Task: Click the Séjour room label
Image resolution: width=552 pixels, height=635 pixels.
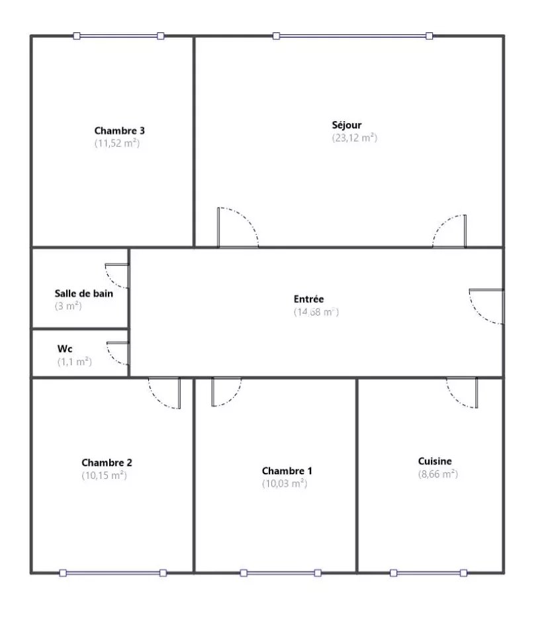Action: (x=347, y=125)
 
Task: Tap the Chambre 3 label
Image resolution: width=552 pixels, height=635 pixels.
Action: (x=120, y=131)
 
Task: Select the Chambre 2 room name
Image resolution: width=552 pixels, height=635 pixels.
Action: (x=107, y=462)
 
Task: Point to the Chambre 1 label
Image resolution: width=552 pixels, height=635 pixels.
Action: (x=287, y=471)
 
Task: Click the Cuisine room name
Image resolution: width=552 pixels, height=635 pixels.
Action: (x=435, y=461)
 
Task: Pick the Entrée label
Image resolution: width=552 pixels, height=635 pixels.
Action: (x=309, y=299)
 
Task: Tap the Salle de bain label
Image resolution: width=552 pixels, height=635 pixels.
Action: (x=84, y=294)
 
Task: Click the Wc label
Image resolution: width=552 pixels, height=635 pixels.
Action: (x=65, y=349)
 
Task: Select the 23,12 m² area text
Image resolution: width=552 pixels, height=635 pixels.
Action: (x=355, y=138)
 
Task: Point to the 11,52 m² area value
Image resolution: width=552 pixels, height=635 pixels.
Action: (x=117, y=143)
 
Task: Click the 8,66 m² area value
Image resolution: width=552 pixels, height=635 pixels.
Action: (x=438, y=474)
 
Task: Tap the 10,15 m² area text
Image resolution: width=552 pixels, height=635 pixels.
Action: (x=105, y=475)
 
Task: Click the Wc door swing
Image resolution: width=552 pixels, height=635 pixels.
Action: (x=118, y=353)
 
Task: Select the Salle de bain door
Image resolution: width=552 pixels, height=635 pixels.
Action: (x=117, y=276)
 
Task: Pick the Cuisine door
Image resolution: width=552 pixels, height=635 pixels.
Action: (x=462, y=393)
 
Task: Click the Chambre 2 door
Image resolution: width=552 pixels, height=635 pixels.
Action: (x=165, y=393)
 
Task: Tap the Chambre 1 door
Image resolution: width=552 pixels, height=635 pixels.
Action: (x=226, y=392)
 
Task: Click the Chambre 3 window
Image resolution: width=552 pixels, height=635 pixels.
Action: (x=118, y=36)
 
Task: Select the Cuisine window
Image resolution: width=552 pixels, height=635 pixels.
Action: (x=428, y=573)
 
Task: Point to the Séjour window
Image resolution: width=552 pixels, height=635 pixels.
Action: (x=353, y=36)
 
